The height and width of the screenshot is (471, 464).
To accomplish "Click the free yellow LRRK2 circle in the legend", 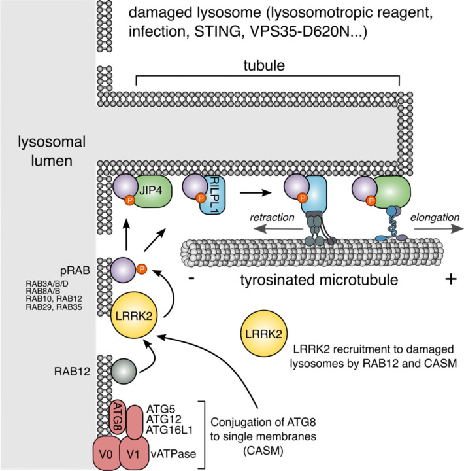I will coord(264,334).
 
